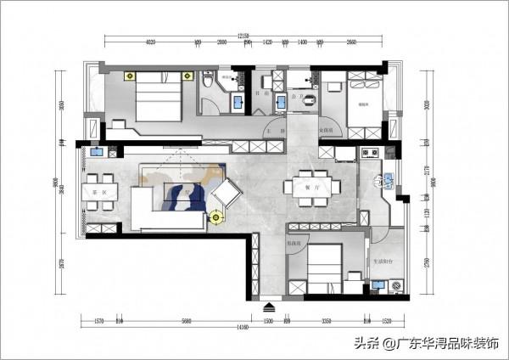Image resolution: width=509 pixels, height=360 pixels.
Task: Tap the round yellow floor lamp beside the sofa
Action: tap(215, 217)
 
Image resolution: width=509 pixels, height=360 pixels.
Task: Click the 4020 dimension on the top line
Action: tap(152, 41)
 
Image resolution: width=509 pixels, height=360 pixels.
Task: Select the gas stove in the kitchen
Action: tap(369, 154)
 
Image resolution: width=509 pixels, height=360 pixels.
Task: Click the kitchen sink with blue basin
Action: tap(385, 179)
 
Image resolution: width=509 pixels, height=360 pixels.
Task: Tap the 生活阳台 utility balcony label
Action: tap(384, 262)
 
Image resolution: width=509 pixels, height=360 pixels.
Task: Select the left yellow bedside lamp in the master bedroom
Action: tap(129, 76)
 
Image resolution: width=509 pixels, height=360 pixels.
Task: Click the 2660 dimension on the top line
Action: tap(352, 41)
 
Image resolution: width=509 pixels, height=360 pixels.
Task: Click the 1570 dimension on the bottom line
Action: tap(98, 320)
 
